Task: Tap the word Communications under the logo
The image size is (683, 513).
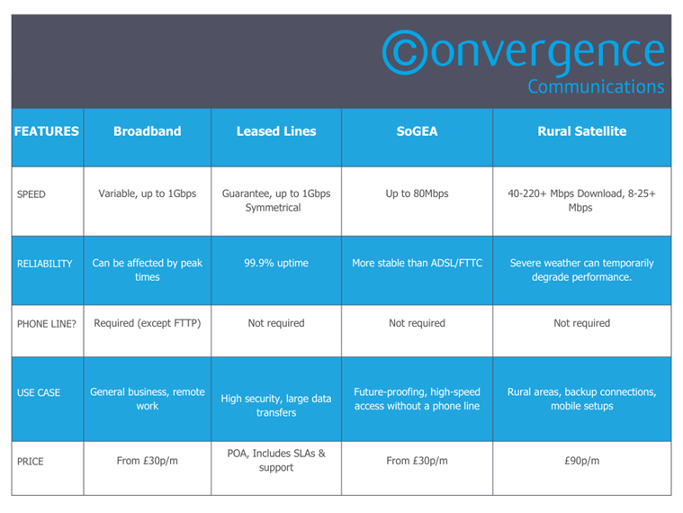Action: tap(596, 86)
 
